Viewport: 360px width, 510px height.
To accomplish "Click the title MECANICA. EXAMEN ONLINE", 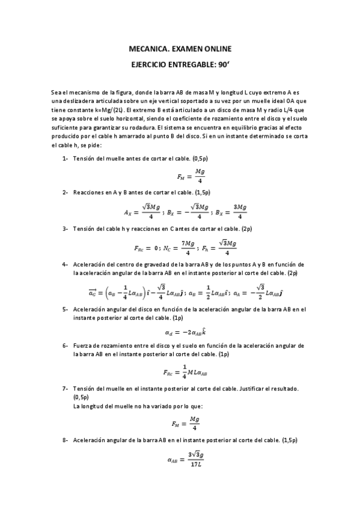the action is coord(180,49).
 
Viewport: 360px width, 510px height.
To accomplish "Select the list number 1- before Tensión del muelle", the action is coord(66,158).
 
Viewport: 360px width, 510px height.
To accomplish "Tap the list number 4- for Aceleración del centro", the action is coord(66,264).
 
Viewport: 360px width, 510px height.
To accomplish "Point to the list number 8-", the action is coord(66,440).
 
